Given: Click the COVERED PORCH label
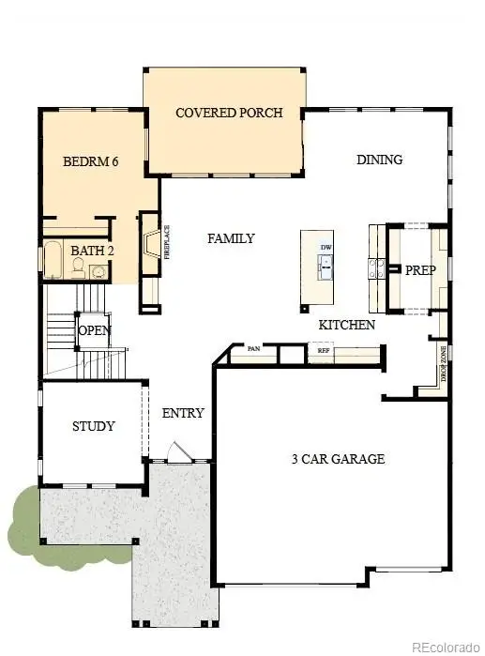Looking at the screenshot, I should tap(229, 114).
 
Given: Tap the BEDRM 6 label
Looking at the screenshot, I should tap(90, 161).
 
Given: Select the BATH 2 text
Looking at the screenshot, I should tap(92, 251).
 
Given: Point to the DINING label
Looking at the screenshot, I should tap(379, 160).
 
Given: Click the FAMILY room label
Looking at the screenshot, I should tap(231, 239).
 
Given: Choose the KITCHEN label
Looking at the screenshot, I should tap(346, 325).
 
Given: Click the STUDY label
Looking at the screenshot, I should tap(94, 426).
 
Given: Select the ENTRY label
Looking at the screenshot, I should tap(183, 413).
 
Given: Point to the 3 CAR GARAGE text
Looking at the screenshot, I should tap(337, 459).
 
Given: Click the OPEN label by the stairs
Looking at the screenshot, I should tap(94, 330).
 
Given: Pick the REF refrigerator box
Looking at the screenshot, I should tap(324, 350).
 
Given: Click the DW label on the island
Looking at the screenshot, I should tap(326, 248).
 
